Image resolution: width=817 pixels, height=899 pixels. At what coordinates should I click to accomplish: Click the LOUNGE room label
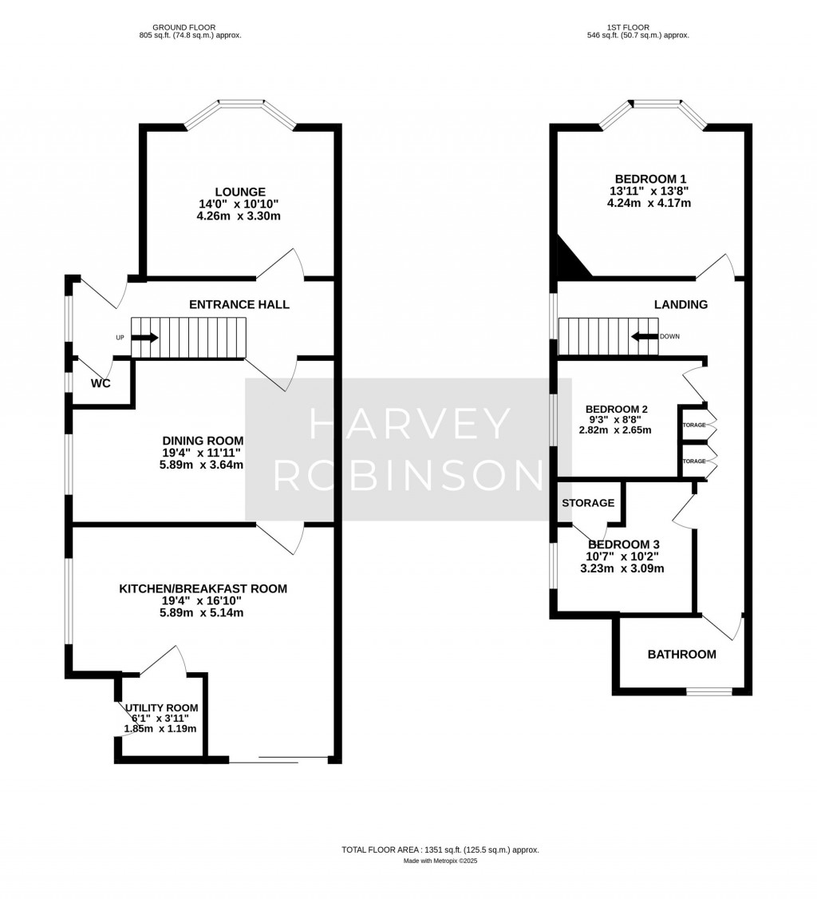(239, 192)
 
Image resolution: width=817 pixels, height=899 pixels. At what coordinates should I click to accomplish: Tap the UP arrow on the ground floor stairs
(144, 337)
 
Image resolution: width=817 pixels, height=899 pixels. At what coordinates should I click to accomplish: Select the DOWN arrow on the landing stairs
(645, 336)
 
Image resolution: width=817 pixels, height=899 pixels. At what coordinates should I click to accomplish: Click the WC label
(101, 383)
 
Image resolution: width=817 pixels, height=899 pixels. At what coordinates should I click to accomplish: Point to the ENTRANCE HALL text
(239, 304)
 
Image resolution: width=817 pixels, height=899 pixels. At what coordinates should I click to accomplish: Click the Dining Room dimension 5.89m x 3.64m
(201, 465)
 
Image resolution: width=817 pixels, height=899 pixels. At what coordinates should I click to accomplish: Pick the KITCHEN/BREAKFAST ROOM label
(203, 589)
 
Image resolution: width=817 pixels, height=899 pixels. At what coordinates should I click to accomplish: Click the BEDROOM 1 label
(650, 179)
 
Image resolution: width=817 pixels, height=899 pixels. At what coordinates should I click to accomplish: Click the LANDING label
(681, 304)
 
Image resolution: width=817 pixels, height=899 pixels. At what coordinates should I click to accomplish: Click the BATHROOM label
(681, 654)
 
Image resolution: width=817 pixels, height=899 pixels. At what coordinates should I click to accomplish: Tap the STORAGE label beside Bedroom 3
(588, 503)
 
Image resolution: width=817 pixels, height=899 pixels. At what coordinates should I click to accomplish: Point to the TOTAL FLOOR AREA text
(440, 849)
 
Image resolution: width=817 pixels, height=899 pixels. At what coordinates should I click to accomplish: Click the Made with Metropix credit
(440, 861)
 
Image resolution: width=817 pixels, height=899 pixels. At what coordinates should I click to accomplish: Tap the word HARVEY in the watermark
(409, 423)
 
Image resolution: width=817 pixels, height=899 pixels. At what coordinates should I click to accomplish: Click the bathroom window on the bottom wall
(708, 691)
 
